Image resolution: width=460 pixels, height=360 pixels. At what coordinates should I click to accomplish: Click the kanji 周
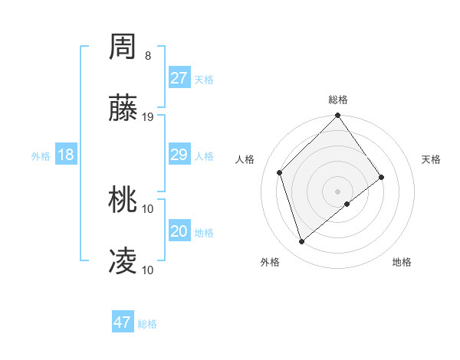123,47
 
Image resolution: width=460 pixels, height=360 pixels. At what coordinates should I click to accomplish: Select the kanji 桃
123,201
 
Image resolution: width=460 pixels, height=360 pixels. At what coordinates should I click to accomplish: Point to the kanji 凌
123,261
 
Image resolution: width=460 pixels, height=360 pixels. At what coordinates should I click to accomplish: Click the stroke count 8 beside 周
148,56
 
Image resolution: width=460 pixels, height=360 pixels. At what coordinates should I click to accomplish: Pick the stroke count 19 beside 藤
148,117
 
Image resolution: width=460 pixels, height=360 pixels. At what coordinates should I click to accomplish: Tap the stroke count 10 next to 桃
148,208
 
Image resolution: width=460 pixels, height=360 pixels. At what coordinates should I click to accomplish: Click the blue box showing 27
179,78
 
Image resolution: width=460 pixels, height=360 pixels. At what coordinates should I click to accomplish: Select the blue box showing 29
179,155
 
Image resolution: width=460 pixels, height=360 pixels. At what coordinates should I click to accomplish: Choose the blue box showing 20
179,231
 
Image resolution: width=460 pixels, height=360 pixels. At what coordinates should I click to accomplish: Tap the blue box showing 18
66,155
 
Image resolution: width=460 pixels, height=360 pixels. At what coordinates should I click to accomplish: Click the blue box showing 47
123,322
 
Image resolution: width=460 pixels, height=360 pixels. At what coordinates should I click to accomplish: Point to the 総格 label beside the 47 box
147,324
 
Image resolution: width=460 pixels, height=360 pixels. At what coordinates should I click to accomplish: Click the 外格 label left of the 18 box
41,156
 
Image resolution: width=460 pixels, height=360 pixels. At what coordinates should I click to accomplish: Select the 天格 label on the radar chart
431,159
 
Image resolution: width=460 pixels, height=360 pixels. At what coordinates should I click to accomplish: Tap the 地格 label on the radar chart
402,262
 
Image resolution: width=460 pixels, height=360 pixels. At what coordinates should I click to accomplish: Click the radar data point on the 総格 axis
337,116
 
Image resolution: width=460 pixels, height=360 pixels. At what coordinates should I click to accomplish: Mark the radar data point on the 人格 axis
280,172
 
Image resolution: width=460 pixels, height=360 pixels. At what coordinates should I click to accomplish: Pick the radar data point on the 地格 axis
347,204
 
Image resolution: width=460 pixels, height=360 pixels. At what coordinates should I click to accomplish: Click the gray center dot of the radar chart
337,191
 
